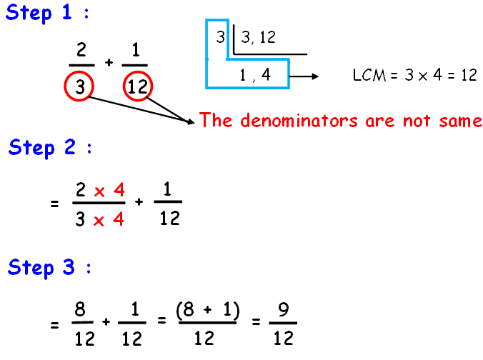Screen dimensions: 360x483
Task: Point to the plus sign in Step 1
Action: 109,63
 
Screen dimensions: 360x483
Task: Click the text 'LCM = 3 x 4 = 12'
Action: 414,75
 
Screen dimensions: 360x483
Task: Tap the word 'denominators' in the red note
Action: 301,120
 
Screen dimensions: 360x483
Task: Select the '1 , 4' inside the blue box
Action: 256,74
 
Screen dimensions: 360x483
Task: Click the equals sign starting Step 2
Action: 54,204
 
